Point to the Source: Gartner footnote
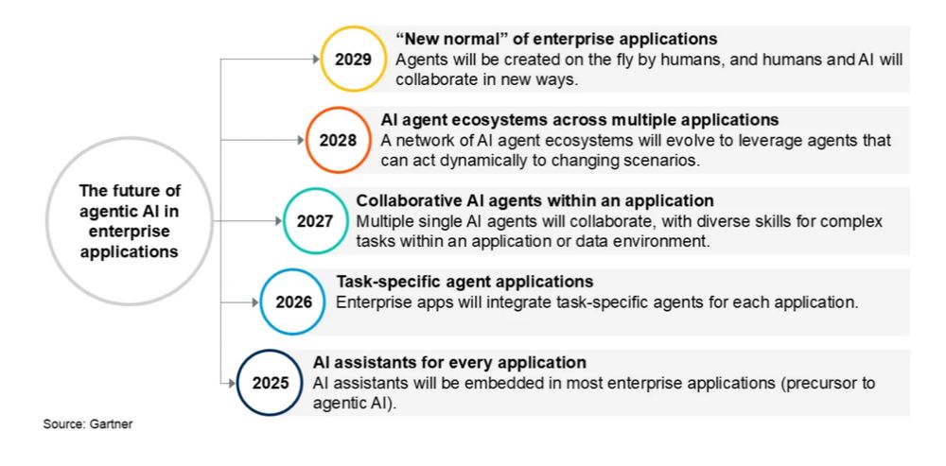point(87,423)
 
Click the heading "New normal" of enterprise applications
point(556,39)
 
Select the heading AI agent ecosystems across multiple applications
point(580,119)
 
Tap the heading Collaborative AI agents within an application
point(535,200)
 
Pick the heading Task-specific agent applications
point(464,282)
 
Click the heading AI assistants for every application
point(449,363)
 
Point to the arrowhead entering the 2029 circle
point(315,60)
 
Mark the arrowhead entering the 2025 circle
point(233,383)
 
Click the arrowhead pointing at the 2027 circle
point(278,220)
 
